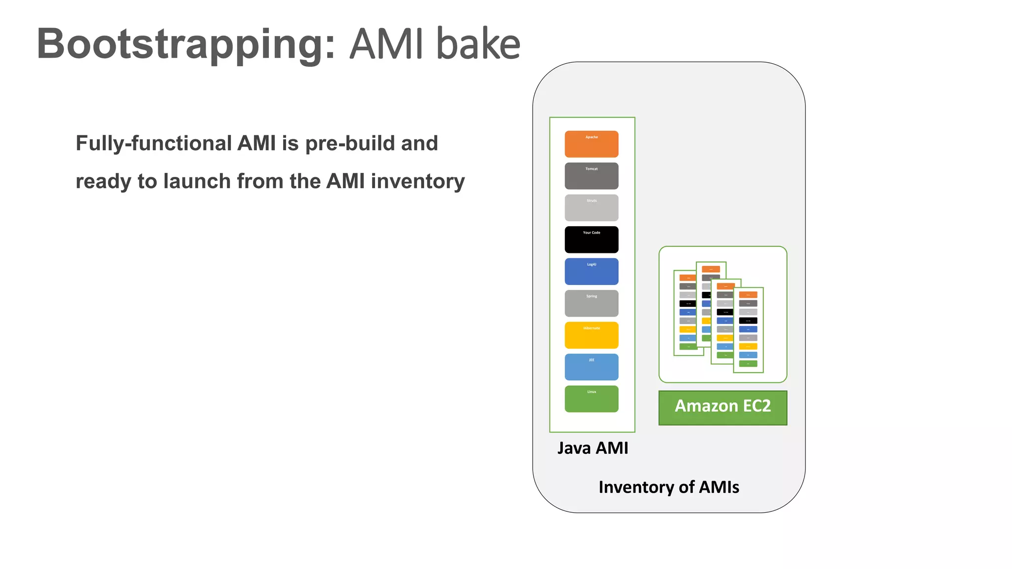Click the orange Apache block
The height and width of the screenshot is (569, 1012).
591,144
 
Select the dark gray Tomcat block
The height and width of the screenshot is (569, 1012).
591,176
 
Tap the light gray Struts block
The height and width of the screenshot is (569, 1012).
591,207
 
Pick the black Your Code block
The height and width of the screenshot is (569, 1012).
591,240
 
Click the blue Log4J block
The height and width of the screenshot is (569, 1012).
591,271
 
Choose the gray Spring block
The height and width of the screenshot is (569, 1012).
591,303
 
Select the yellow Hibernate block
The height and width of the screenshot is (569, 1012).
591,335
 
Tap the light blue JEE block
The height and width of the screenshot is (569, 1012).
591,367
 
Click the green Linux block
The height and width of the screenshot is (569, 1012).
591,399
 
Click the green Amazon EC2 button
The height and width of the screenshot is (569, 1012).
722,407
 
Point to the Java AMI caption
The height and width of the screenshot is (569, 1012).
592,448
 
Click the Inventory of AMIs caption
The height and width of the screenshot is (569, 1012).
669,487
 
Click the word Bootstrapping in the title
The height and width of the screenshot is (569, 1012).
186,44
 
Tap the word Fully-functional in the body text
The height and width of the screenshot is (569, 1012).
153,143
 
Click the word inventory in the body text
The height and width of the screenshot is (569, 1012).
418,181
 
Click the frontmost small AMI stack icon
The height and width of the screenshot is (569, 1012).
748,330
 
